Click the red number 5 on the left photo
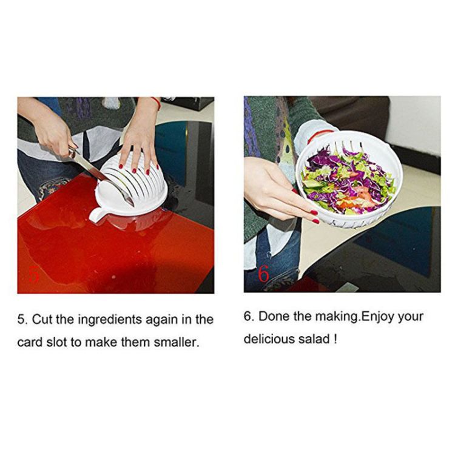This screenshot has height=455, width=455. tap(34, 274)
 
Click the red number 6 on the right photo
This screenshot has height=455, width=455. tap(263, 274)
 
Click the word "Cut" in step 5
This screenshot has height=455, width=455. tap(42, 320)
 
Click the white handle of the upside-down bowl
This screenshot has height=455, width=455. tap(96, 215)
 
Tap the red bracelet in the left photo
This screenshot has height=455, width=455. tap(157, 103)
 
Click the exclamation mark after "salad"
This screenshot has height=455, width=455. tap(335, 339)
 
